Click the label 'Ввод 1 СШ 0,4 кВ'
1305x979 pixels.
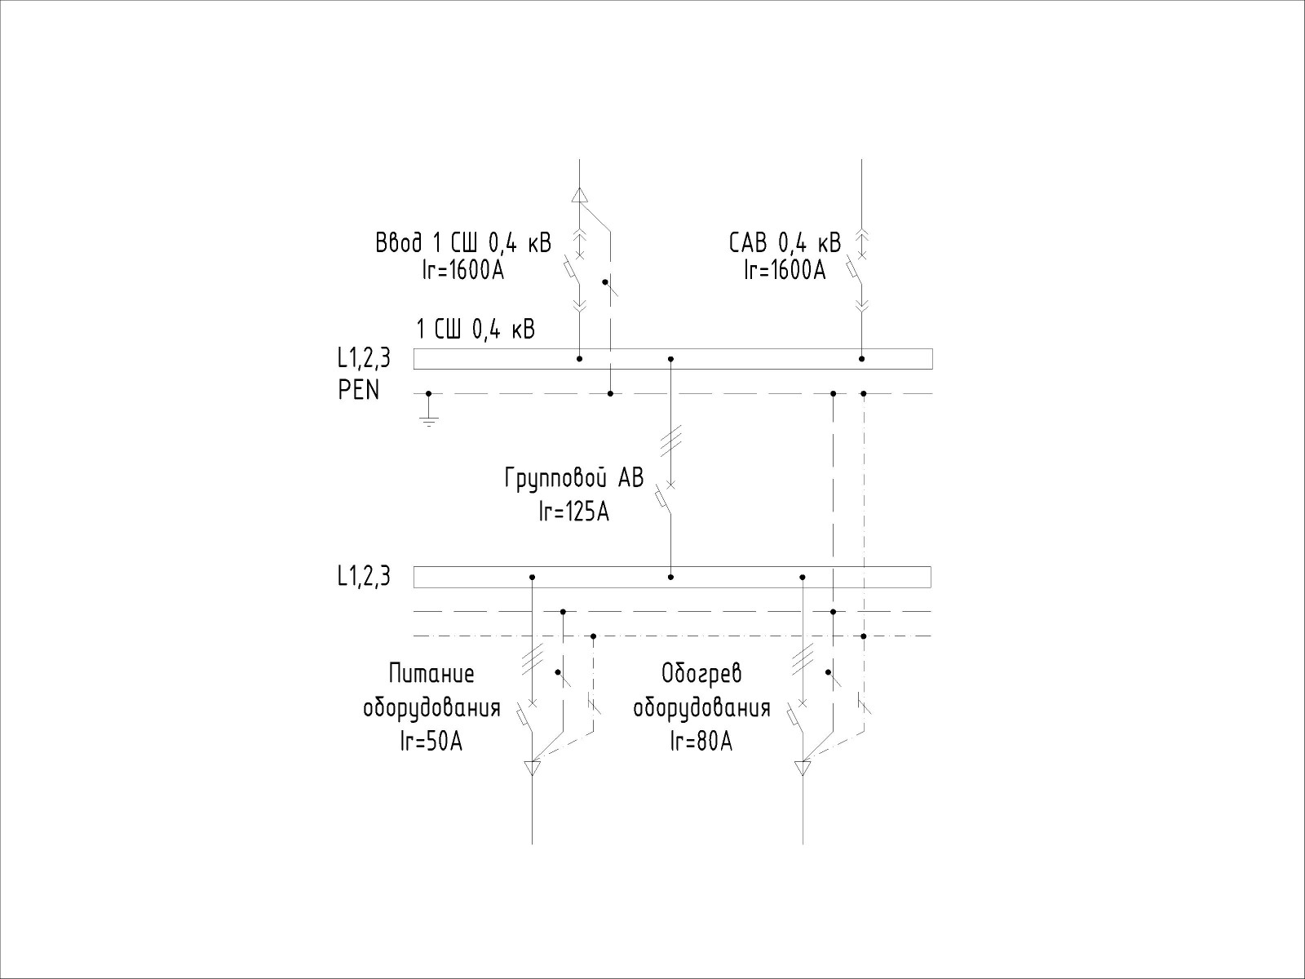pyautogui.click(x=463, y=243)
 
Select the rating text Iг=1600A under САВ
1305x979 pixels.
pyautogui.click(x=785, y=271)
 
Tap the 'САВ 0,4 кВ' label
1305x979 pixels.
pyautogui.click(x=785, y=243)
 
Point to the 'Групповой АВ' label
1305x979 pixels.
pyautogui.click(x=573, y=478)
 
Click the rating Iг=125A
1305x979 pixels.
pyautogui.click(x=573, y=512)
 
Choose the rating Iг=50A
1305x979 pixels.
pyautogui.click(x=431, y=742)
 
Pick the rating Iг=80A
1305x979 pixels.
pyautogui.click(x=701, y=742)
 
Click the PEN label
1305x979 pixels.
pyautogui.click(x=359, y=391)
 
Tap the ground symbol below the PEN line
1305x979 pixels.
pyautogui.click(x=429, y=422)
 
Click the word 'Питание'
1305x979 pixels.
pyautogui.click(x=431, y=674)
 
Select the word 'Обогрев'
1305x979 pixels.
pyautogui.click(x=701, y=674)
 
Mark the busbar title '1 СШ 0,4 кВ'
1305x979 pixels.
pyautogui.click(x=476, y=330)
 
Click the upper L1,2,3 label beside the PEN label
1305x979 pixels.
pyautogui.click(x=364, y=358)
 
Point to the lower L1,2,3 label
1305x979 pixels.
pyautogui.click(x=364, y=577)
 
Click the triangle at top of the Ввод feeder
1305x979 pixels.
pyautogui.click(x=580, y=196)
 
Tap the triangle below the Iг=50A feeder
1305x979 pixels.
pyautogui.click(x=532, y=768)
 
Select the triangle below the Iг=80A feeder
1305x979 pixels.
pyautogui.click(x=803, y=768)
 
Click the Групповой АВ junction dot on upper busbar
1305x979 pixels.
pyautogui.click(x=670, y=359)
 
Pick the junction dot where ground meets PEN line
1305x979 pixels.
pyautogui.click(x=429, y=393)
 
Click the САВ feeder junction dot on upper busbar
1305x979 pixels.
pyautogui.click(x=861, y=359)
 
